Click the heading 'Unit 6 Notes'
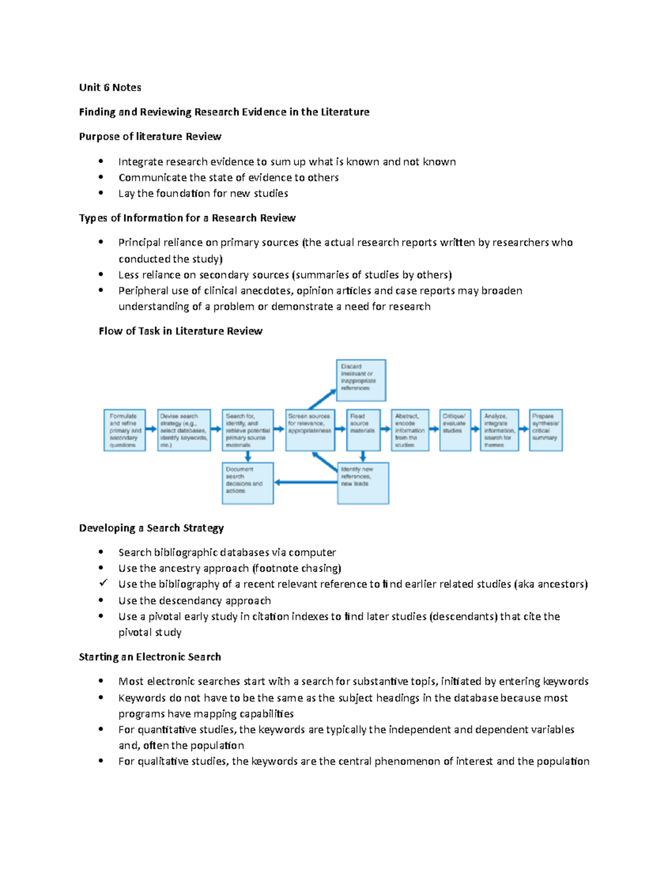click(x=110, y=87)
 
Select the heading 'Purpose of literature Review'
click(x=150, y=137)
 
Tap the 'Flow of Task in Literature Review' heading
click(x=180, y=331)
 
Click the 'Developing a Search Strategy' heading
click(x=151, y=528)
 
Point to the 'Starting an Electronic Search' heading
click(x=150, y=657)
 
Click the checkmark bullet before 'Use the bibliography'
click(x=102, y=583)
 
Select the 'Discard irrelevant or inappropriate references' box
click(x=361, y=380)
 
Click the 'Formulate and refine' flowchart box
click(x=124, y=430)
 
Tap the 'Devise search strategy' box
click(x=184, y=430)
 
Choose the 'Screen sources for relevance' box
click(x=310, y=430)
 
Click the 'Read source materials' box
click(x=363, y=430)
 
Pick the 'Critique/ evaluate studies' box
click(x=455, y=430)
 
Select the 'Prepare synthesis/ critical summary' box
click(x=545, y=430)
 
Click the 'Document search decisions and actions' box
click(x=248, y=483)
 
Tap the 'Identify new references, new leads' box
click(x=363, y=483)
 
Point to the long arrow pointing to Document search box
click(x=305, y=482)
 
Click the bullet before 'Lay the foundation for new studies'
click(x=101, y=193)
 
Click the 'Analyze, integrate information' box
click(x=498, y=430)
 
